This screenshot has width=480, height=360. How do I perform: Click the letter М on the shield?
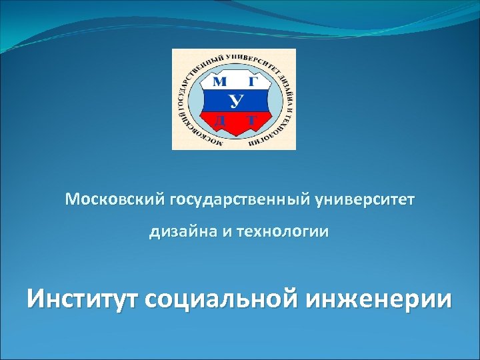tap(219, 82)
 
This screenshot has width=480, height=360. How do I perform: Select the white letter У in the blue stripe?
tap(235, 101)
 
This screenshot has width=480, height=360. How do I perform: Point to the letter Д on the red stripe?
tap(219, 121)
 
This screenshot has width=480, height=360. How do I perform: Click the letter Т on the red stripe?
tap(251, 121)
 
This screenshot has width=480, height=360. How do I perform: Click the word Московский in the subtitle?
tap(115, 199)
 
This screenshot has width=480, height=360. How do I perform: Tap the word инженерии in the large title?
tap(379, 298)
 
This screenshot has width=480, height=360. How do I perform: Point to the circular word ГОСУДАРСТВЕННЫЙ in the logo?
tap(193, 77)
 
